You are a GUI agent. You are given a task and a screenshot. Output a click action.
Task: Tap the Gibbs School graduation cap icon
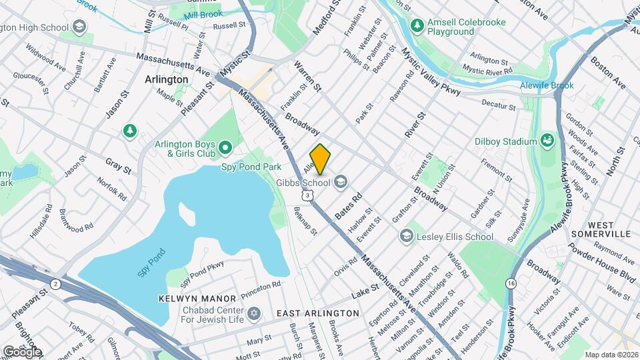point(341,182)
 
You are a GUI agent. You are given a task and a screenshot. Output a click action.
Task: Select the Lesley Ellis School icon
point(406,236)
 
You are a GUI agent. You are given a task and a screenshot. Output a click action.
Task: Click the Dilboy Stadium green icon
point(547,141)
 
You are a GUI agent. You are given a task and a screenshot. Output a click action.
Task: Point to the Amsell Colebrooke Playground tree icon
point(417,25)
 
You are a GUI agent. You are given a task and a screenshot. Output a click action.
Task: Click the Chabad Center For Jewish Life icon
point(253,313)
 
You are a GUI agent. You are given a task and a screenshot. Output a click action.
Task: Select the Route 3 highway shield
point(307,195)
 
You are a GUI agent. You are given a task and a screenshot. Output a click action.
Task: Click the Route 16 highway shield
point(511,283)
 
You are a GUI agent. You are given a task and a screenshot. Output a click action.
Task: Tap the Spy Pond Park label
point(252,166)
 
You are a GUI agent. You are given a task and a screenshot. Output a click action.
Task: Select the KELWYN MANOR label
point(197,298)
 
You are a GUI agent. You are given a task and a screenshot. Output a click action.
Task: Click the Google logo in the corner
point(22,352)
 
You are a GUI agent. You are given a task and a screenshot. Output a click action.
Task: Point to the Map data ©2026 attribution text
point(611,355)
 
